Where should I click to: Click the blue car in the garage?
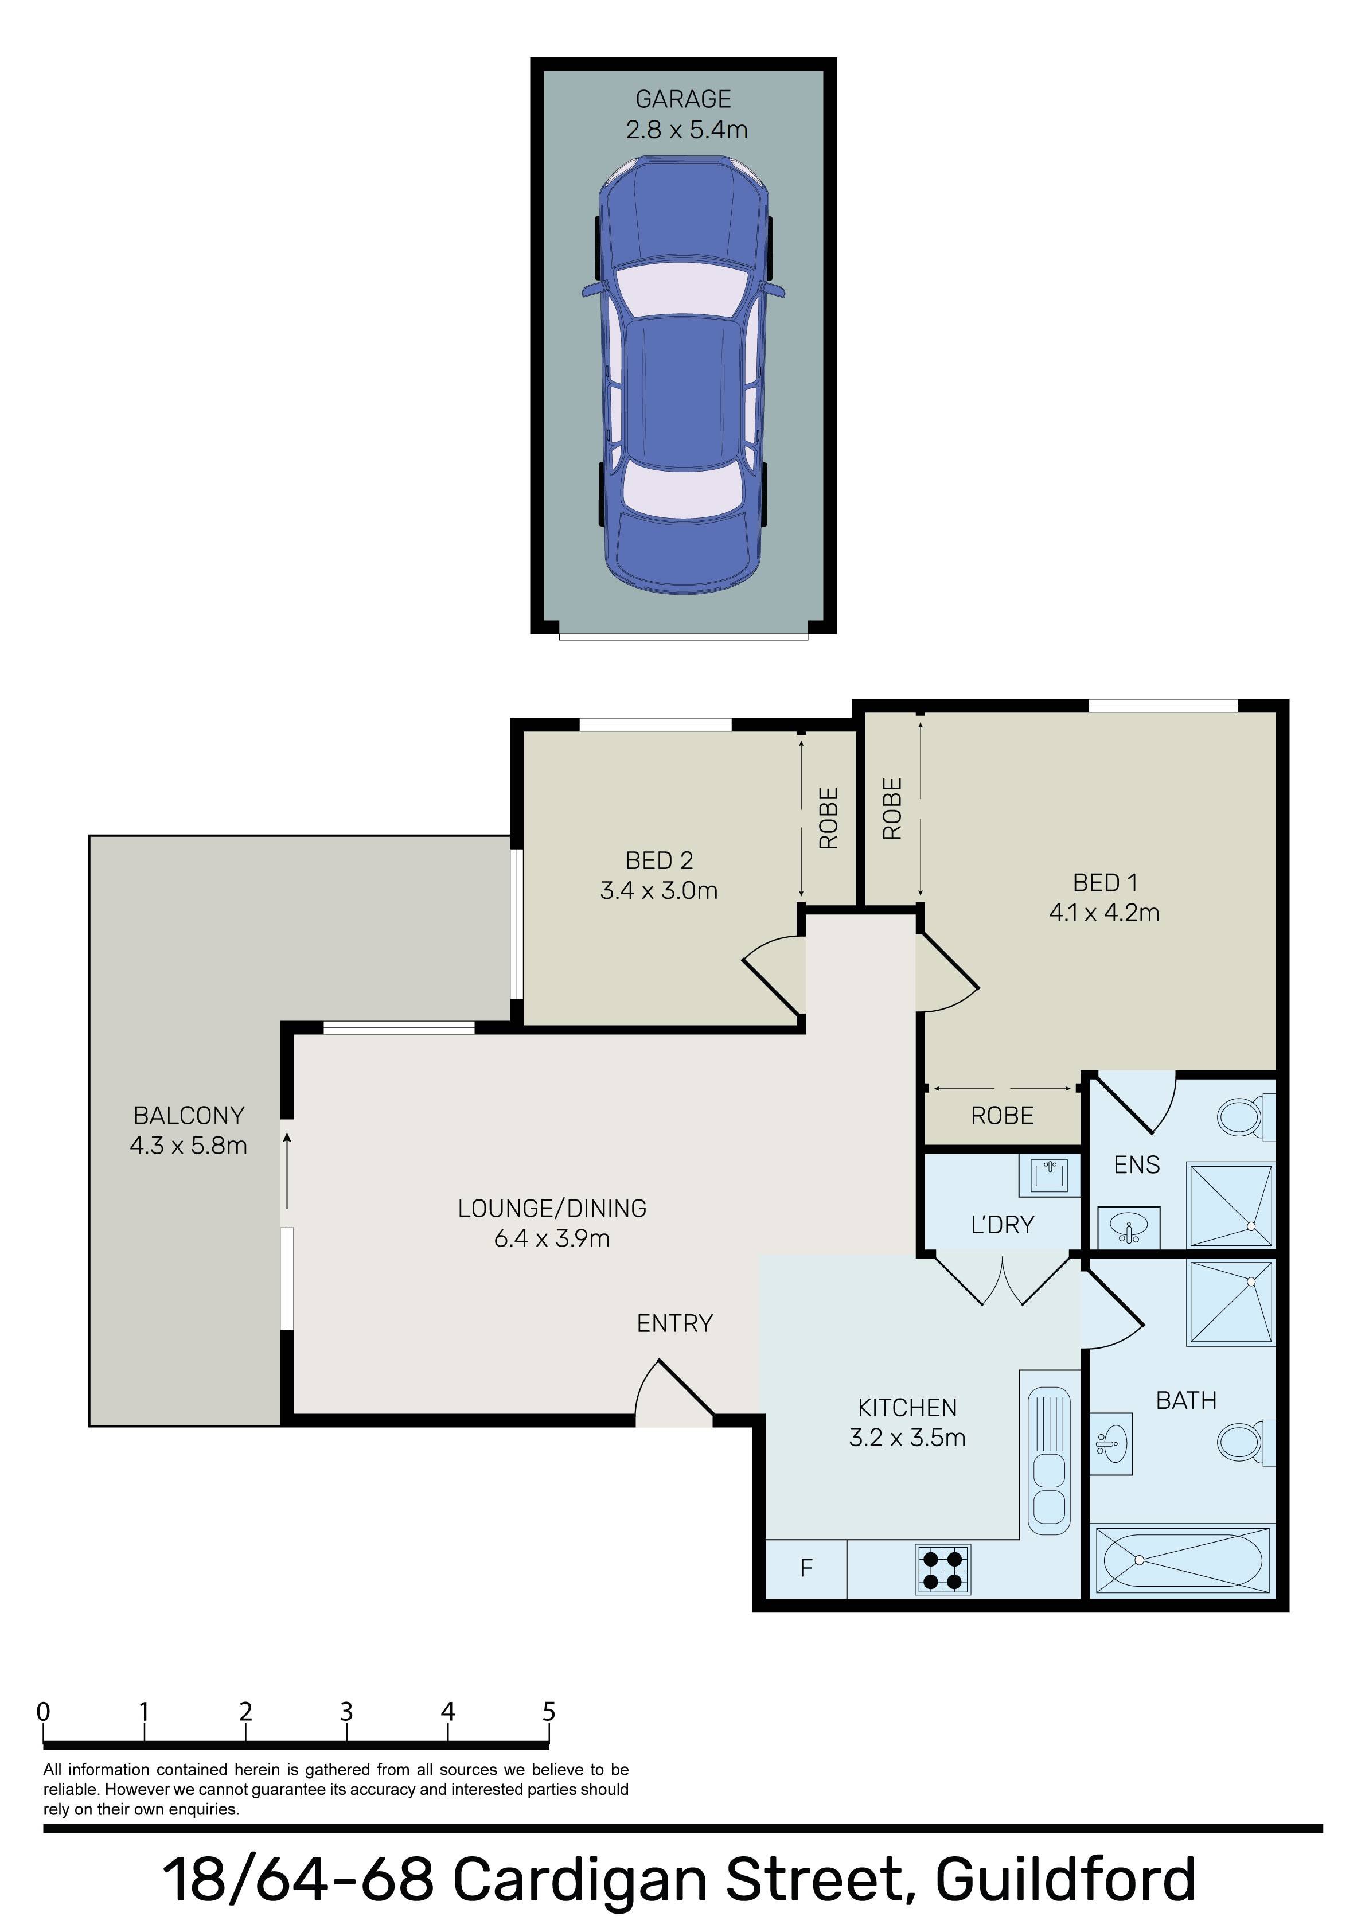click(x=682, y=375)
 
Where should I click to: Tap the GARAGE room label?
click(x=682, y=99)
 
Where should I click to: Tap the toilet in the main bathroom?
click(x=1246, y=1442)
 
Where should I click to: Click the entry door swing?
click(x=674, y=1392)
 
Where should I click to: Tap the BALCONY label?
click(x=189, y=1115)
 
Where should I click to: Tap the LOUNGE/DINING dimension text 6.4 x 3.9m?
click(x=552, y=1238)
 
